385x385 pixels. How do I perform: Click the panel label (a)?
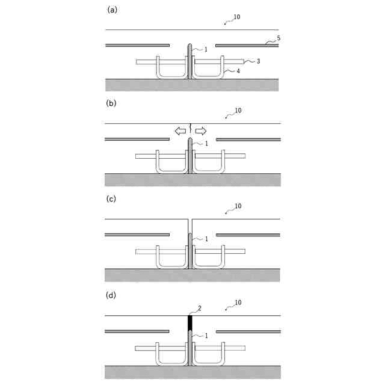click(x=111, y=10)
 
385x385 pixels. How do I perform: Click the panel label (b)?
click(x=111, y=103)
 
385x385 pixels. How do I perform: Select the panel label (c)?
click(x=111, y=199)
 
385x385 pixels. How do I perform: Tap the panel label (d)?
click(x=111, y=295)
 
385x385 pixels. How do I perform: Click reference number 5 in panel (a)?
click(x=278, y=39)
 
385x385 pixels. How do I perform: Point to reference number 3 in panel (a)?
click(x=258, y=61)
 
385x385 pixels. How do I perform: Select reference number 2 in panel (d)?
click(x=200, y=309)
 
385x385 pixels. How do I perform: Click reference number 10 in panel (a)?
click(x=236, y=17)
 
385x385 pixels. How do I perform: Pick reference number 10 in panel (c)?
click(x=238, y=206)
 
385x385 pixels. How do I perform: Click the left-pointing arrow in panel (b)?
click(x=179, y=131)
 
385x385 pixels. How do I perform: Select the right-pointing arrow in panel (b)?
click(x=201, y=131)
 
